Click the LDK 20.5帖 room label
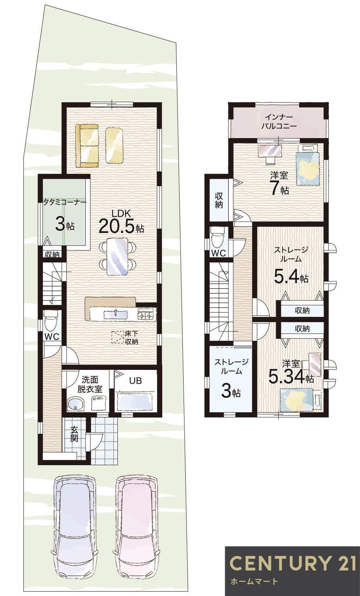[121, 221]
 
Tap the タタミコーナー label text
[65, 202]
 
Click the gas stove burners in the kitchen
[146, 315]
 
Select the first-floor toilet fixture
[50, 321]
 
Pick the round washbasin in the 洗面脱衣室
[75, 404]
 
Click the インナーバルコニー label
[278, 121]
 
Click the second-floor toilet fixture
[218, 237]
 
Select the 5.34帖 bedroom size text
[291, 376]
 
